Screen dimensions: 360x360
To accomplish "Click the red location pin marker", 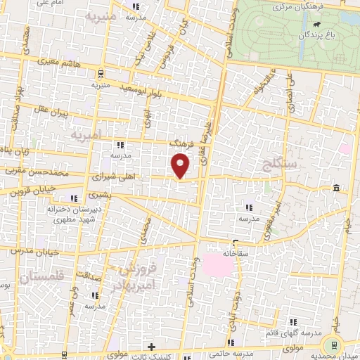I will pos(181,166).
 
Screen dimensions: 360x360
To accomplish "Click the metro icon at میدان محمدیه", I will pos(332,345).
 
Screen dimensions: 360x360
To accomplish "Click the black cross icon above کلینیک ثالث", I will pos(151,346).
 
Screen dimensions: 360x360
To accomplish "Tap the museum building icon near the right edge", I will pos(337,188).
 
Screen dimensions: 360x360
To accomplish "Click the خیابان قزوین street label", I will pos(27,190).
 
